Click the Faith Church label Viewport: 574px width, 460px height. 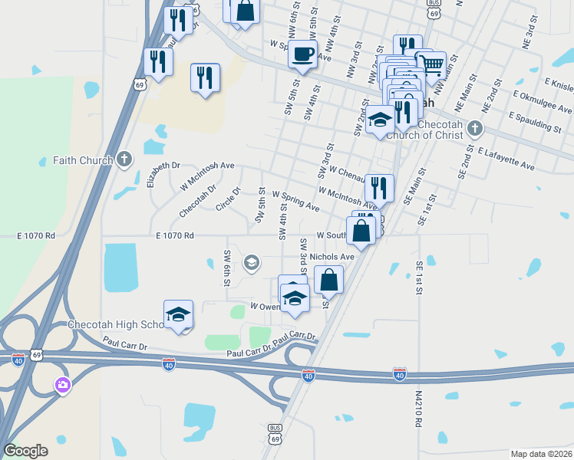point(83,161)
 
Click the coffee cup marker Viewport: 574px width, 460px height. point(302,54)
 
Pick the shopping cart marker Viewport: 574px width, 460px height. point(430,65)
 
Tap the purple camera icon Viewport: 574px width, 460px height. point(62,385)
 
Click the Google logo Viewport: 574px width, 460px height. point(25,451)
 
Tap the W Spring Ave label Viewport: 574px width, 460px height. point(295,202)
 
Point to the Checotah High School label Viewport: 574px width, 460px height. point(115,325)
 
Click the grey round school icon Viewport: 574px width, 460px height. point(251,264)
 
